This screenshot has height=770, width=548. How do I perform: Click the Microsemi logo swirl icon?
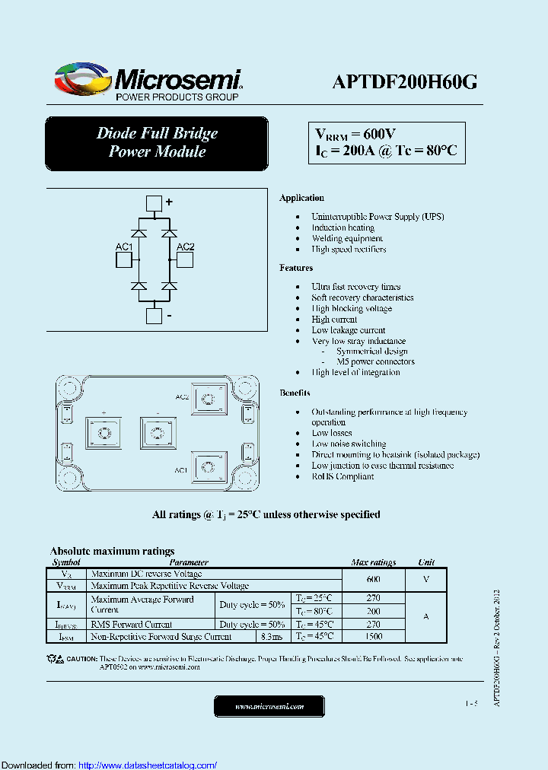click(x=82, y=78)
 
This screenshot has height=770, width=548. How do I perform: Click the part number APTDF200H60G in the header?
click(x=404, y=82)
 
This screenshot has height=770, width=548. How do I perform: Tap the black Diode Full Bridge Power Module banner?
click(x=157, y=143)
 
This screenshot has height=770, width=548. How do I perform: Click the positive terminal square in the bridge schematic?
click(x=154, y=203)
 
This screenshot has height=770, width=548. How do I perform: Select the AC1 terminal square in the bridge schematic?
click(x=124, y=260)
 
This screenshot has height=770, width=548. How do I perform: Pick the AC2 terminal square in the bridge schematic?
click(x=184, y=260)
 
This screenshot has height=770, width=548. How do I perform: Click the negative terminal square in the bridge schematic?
click(x=154, y=317)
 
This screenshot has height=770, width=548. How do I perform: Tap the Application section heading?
click(x=301, y=198)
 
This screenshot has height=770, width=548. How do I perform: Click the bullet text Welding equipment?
click(x=346, y=238)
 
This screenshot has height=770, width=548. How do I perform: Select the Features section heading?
click(x=296, y=268)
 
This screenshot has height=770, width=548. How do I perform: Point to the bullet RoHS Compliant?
click(x=342, y=476)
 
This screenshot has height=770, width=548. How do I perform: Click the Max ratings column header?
click(x=373, y=562)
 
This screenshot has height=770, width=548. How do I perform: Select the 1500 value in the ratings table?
click(x=373, y=636)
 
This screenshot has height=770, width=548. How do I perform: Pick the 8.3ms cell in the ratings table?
click(x=272, y=636)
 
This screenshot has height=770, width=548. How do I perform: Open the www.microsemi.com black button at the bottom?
click(x=269, y=706)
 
